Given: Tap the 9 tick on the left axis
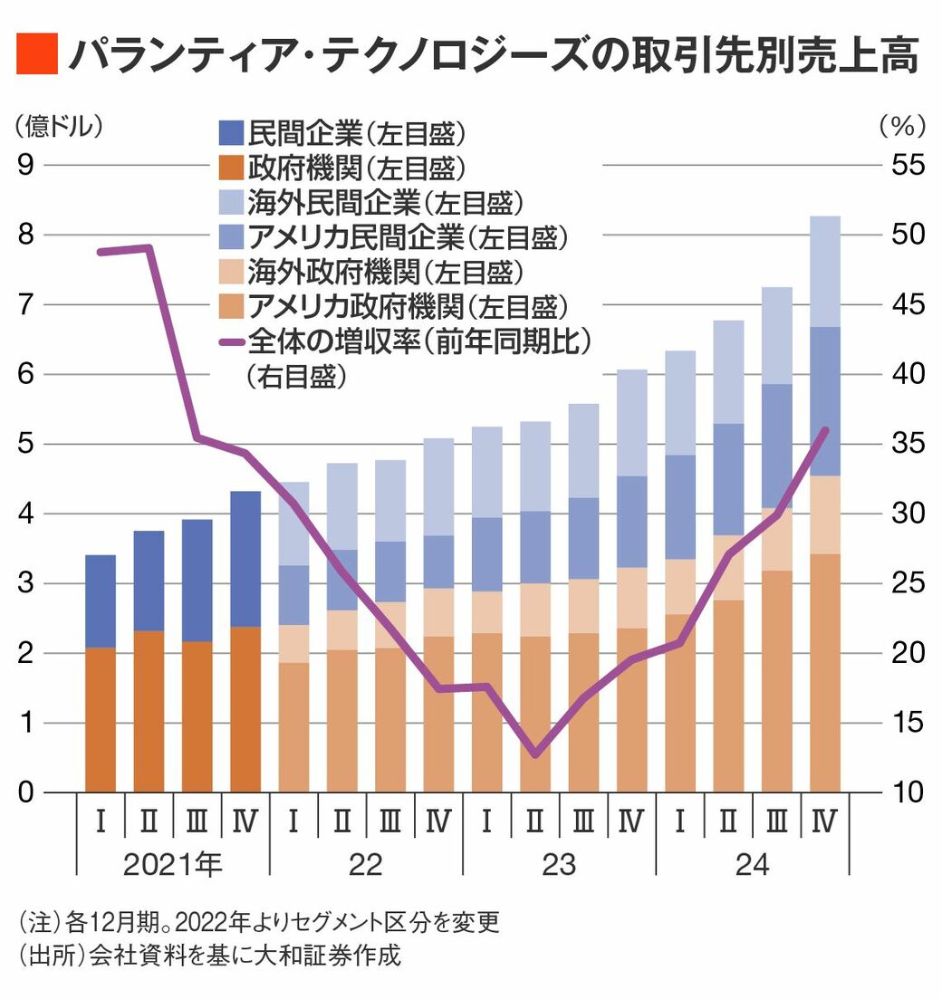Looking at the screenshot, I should [x=26, y=165].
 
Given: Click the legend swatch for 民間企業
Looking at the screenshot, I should [x=232, y=132].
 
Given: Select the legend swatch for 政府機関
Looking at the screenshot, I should [x=232, y=168].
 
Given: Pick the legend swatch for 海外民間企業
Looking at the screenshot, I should [x=232, y=202].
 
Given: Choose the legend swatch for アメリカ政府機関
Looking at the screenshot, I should [x=232, y=307].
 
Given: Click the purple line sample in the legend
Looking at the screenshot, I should [x=232, y=342].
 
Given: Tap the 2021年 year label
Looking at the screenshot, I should [x=172, y=865].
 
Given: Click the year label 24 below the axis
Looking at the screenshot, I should [x=752, y=865].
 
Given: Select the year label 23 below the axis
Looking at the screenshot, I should [x=559, y=865].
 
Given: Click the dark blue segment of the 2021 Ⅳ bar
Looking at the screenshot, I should [x=245, y=559].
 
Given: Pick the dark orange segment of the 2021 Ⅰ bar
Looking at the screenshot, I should [x=101, y=720].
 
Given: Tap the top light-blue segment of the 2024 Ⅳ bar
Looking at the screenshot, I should [x=825, y=272].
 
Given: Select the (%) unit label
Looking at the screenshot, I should [x=901, y=127].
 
